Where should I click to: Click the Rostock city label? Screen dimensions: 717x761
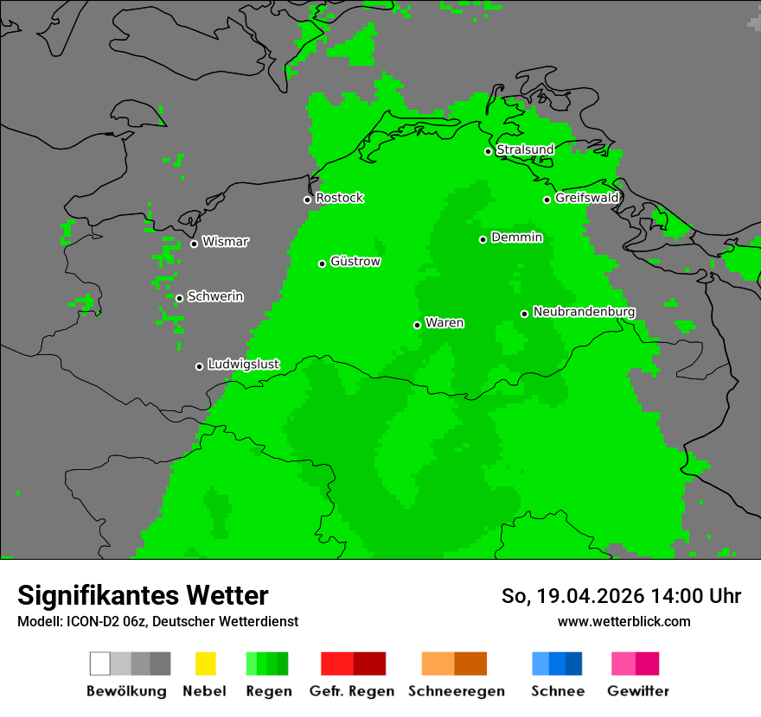[340, 199]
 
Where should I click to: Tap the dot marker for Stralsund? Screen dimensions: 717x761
[488, 151]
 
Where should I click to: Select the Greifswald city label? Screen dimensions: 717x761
[587, 198]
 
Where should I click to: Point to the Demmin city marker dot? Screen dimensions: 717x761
[483, 239]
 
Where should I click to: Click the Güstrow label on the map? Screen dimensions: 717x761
[355, 262]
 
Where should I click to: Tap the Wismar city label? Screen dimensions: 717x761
[225, 242]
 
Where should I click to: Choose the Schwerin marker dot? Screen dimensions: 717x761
[179, 298]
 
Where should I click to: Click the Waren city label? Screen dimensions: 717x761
[444, 323]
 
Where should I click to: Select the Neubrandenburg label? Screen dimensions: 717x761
[585, 312]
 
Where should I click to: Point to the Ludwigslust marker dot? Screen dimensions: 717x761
[199, 366]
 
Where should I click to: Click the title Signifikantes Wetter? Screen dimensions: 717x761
[143, 595]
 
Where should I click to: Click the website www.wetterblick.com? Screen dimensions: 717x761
[624, 621]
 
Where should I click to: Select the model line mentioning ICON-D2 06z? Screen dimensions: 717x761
[157, 621]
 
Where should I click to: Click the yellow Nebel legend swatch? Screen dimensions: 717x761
[205, 663]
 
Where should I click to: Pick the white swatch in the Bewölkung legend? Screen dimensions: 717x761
[99, 663]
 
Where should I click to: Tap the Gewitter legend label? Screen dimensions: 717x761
[638, 691]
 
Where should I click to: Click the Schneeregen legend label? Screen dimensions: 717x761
[456, 691]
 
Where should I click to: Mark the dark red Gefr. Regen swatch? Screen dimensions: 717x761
[369, 663]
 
